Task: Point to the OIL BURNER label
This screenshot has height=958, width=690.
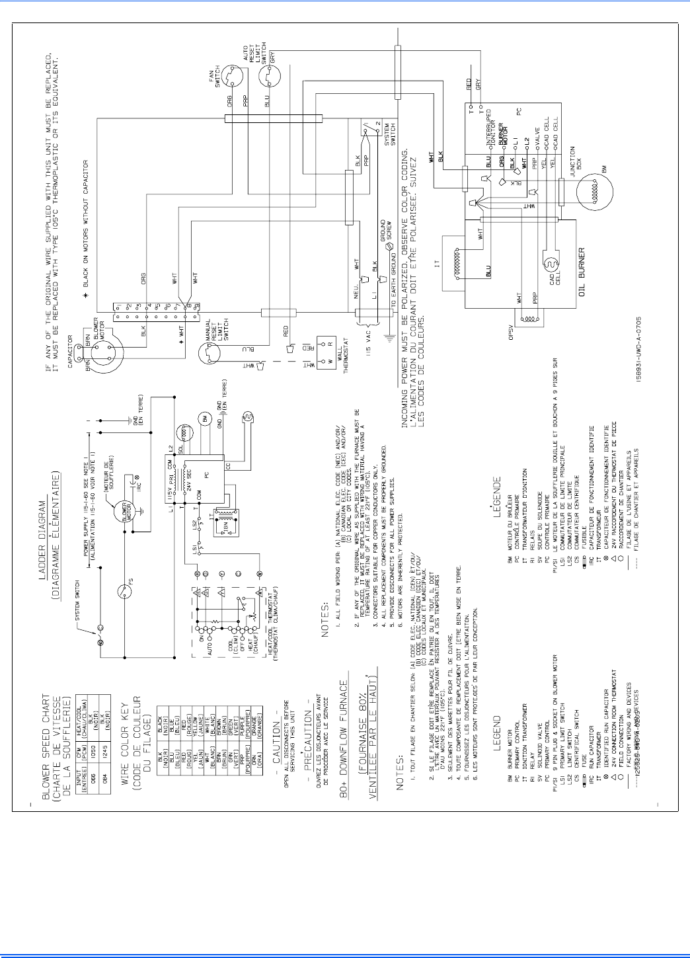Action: (582, 272)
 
